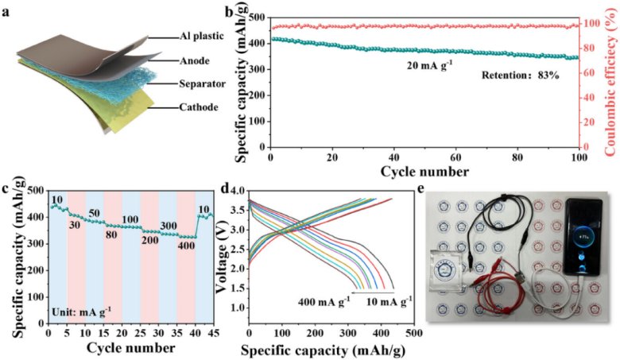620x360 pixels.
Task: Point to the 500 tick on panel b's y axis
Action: point(258,16)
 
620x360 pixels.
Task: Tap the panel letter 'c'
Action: point(6,188)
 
